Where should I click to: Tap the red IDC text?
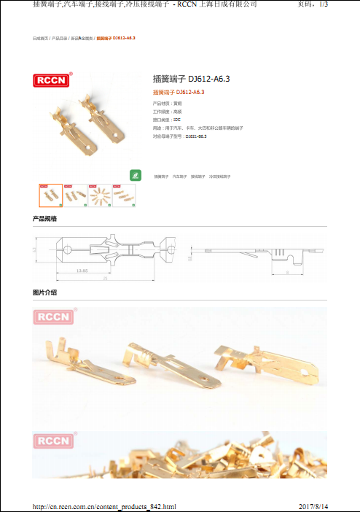click(176, 120)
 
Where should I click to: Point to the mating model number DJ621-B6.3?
click(195, 136)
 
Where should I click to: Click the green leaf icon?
click(134, 175)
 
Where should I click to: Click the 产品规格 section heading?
click(45, 219)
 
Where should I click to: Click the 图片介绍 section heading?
click(45, 292)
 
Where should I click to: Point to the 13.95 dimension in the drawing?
click(82, 271)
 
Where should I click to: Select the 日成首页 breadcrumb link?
click(40, 37)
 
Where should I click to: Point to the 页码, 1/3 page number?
click(313, 5)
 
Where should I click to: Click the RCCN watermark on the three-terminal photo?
click(54, 317)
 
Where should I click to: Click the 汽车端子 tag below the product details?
click(179, 177)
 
